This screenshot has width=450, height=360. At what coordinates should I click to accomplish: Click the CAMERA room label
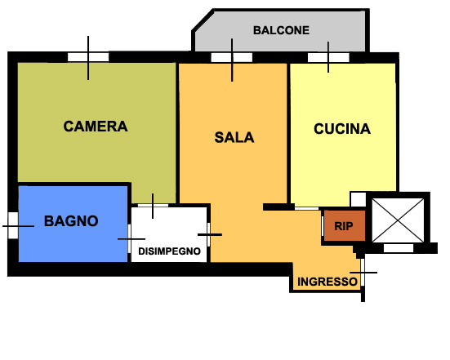pyautogui.click(x=96, y=127)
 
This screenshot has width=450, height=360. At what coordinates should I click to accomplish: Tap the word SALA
pyautogui.click(x=234, y=137)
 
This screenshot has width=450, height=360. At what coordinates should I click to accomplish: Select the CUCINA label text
pyautogui.click(x=342, y=129)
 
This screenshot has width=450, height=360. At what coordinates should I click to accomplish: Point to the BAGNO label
pyautogui.click(x=71, y=221)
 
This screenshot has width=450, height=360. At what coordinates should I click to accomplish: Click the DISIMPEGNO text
pyautogui.click(x=169, y=251)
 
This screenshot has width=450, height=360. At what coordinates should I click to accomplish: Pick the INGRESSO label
pyautogui.click(x=327, y=282)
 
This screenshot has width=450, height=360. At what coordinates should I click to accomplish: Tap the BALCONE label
pyautogui.click(x=281, y=30)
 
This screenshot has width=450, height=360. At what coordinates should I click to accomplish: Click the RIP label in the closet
pyautogui.click(x=344, y=226)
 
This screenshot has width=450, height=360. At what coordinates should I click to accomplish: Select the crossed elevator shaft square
pyautogui.click(x=398, y=220)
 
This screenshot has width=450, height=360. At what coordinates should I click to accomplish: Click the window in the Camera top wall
pyautogui.click(x=88, y=57)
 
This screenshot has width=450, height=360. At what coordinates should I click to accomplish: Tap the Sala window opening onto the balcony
pyautogui.click(x=232, y=57)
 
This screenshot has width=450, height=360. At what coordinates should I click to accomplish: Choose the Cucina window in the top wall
pyautogui.click(x=328, y=57)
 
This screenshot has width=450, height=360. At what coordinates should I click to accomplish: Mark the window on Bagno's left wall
pyautogui.click(x=13, y=225)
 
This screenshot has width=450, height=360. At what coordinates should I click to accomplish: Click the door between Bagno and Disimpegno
pyautogui.click(x=129, y=239)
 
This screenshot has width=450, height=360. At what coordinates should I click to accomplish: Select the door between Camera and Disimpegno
pyautogui.click(x=153, y=206)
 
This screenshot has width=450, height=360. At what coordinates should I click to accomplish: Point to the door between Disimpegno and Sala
pyautogui.click(x=208, y=234)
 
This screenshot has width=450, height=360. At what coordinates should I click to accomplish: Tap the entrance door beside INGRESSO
pyautogui.click(x=363, y=272)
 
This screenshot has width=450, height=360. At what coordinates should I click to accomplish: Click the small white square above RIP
pyautogui.click(x=358, y=199)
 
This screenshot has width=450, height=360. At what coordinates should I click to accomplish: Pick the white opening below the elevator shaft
pyautogui.click(x=399, y=248)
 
